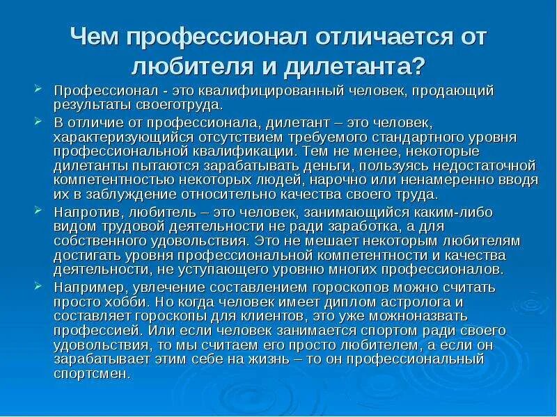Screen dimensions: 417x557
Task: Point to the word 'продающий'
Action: click(445, 91)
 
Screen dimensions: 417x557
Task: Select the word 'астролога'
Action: click(432, 302)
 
